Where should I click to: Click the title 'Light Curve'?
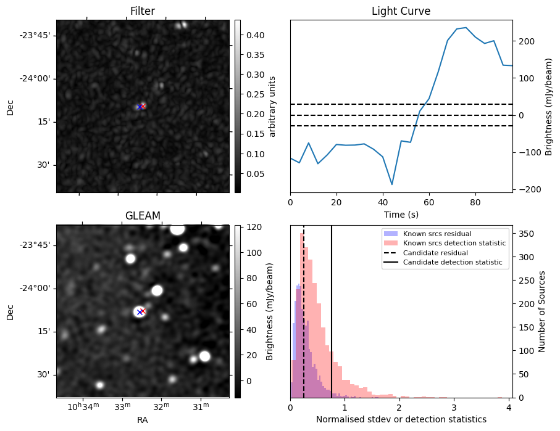[x=401, y=11]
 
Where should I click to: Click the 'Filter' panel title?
[x=143, y=11]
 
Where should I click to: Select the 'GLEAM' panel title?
[x=143, y=215]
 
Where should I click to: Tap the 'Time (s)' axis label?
[x=401, y=214]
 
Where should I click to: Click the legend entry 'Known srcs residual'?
[x=437, y=234]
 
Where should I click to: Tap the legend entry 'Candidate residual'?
[x=435, y=253]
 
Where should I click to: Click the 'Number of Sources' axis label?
[x=542, y=311]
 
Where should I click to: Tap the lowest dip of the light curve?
[x=392, y=184]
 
